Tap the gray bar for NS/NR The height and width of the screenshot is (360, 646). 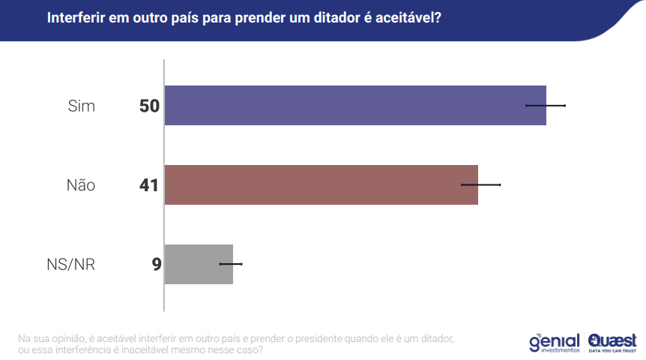point(199,264)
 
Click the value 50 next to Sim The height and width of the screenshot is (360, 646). point(149,106)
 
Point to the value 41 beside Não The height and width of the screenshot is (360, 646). point(149,184)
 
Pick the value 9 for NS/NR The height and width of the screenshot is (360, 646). point(156,264)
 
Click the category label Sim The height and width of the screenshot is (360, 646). point(82,106)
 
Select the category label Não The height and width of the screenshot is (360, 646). point(80,185)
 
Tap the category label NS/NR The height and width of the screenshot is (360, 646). point(70,265)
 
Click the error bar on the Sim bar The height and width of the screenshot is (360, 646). point(546,105)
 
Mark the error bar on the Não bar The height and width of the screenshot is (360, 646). point(480,184)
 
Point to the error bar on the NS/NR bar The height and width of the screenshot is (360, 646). point(231,264)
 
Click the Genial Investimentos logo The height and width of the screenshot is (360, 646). point(555,342)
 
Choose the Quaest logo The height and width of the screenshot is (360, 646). point(612,342)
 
